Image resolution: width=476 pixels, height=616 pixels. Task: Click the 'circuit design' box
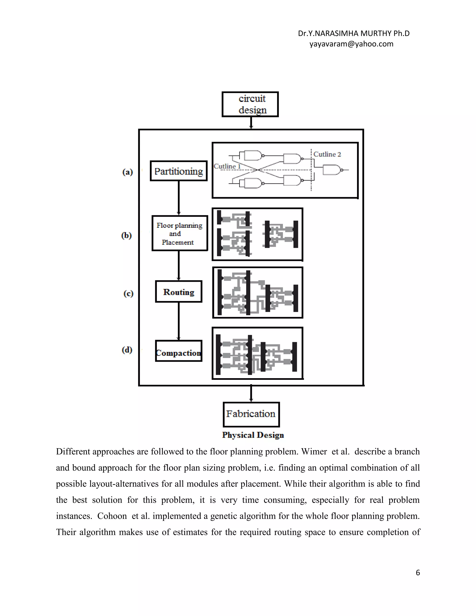pos(250,104)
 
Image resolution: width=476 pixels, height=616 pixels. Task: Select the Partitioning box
pos(178,171)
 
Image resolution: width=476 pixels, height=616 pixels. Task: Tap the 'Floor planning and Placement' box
pos(180,233)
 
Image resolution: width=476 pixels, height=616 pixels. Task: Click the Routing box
pos(178,292)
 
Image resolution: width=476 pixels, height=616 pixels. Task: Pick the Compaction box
pos(178,351)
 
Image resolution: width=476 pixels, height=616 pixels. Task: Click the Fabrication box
pos(251,414)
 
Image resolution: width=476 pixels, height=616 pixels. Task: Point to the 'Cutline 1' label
pos(227,166)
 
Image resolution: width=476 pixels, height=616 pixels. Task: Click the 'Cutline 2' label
pos(327,154)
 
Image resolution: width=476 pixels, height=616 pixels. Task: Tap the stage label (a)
pos(127,172)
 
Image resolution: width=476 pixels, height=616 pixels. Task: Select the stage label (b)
pos(126,235)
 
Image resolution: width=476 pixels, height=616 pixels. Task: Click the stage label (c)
pos(128,294)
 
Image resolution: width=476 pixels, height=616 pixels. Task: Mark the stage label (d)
pos(127,350)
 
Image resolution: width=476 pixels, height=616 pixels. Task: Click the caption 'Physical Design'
pos(253,435)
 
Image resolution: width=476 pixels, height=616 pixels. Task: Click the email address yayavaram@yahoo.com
pos(351,44)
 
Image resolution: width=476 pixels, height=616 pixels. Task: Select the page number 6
pos(418,573)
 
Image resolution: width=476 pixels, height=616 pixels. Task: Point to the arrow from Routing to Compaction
pos(178,321)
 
